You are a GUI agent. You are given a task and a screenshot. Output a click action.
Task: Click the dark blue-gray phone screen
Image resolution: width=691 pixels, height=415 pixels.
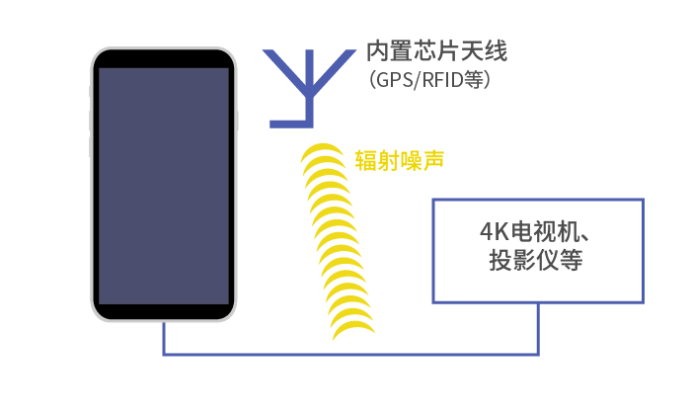(164, 186)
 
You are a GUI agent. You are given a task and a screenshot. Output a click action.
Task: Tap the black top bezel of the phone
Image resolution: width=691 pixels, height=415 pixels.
(164, 58)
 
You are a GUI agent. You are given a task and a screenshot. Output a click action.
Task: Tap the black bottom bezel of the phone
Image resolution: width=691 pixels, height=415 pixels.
(164, 311)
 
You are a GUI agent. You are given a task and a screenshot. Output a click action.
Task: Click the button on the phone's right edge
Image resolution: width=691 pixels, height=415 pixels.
(237, 121)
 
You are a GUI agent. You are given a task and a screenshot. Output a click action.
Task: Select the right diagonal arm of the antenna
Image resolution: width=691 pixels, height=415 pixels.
(334, 68)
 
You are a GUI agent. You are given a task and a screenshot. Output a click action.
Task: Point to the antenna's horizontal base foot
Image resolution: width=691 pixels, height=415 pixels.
(291, 124)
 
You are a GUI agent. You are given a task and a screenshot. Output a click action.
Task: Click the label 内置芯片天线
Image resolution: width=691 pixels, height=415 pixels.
(436, 50)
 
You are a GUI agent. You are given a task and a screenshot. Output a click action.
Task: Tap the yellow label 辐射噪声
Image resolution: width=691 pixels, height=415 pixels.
(399, 160)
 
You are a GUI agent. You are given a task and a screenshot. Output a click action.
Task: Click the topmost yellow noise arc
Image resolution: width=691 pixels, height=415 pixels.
(323, 151)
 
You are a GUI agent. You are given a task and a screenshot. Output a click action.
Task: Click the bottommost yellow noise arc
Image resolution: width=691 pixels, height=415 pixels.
(353, 329)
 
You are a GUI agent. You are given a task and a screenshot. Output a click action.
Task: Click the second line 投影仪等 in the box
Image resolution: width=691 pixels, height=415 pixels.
(535, 260)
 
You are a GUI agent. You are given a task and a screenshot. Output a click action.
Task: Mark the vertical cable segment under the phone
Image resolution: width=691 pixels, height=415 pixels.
(164, 338)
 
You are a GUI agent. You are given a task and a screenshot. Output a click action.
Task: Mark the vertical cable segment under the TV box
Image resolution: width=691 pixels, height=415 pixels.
(538, 329)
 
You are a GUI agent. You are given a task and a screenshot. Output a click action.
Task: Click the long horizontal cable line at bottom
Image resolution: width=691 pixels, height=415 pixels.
(350, 354)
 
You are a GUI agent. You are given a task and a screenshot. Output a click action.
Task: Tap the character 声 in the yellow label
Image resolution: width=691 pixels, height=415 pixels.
(432, 160)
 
